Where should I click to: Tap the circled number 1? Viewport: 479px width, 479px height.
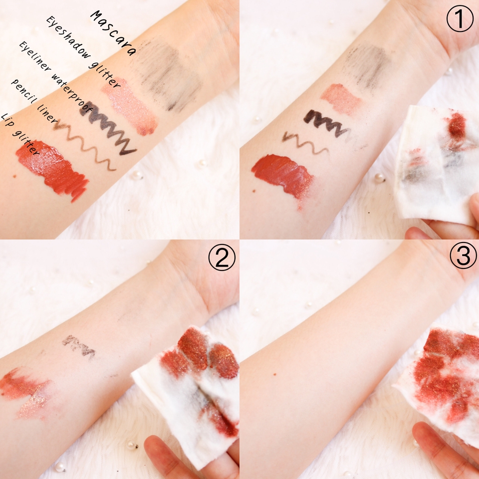pos(460,18)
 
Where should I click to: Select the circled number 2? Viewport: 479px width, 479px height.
pos(222,257)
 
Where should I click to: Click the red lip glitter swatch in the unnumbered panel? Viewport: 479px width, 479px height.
pos(52,169)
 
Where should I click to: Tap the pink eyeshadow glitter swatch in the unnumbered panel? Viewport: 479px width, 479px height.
pos(130,106)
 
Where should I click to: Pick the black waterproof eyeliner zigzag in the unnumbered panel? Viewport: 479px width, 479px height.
pos(108,129)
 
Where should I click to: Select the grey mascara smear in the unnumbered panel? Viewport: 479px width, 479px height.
pos(165,76)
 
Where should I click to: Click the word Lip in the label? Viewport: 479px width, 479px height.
pos(6,120)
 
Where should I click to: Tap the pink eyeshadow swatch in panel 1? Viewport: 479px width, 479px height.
pos(341,99)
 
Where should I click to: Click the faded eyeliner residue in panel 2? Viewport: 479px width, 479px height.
pos(79,346)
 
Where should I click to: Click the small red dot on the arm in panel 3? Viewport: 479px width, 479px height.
pos(274,374)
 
